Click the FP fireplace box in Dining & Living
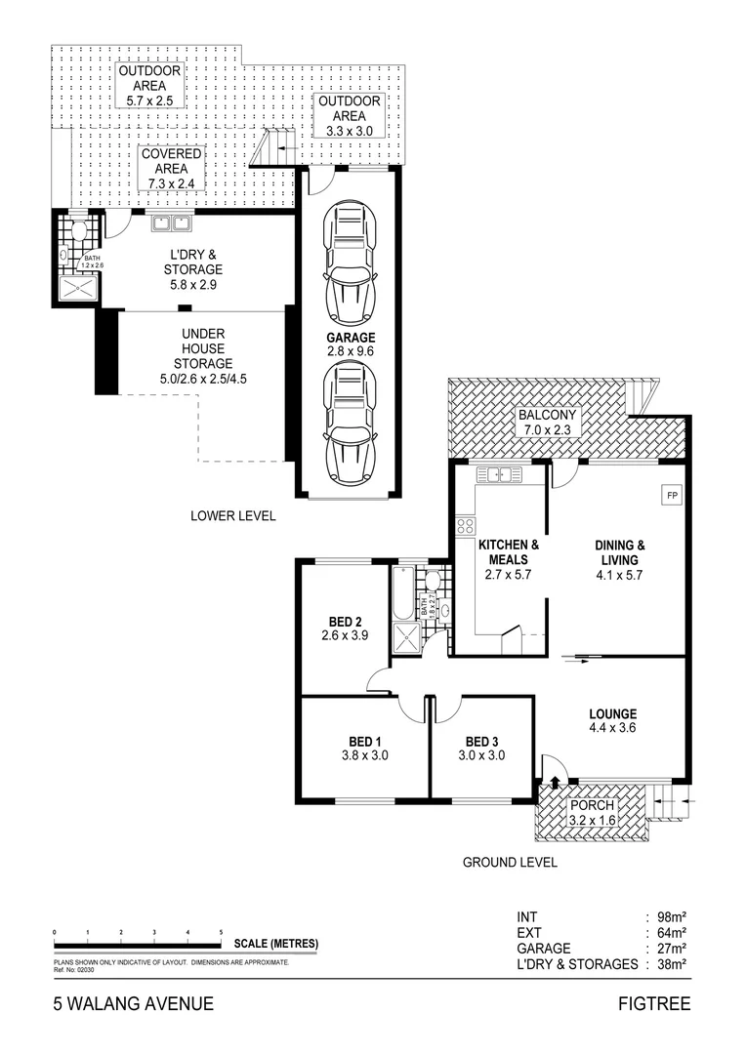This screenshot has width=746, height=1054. (672, 496)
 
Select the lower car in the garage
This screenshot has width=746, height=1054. (350, 420)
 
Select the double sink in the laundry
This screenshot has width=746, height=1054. (172, 223)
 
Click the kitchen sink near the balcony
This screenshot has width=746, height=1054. (495, 475)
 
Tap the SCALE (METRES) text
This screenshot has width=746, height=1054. (276, 944)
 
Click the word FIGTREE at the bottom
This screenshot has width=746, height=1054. (654, 1003)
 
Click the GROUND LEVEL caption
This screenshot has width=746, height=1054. (510, 862)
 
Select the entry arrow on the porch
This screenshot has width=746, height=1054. (555, 781)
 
